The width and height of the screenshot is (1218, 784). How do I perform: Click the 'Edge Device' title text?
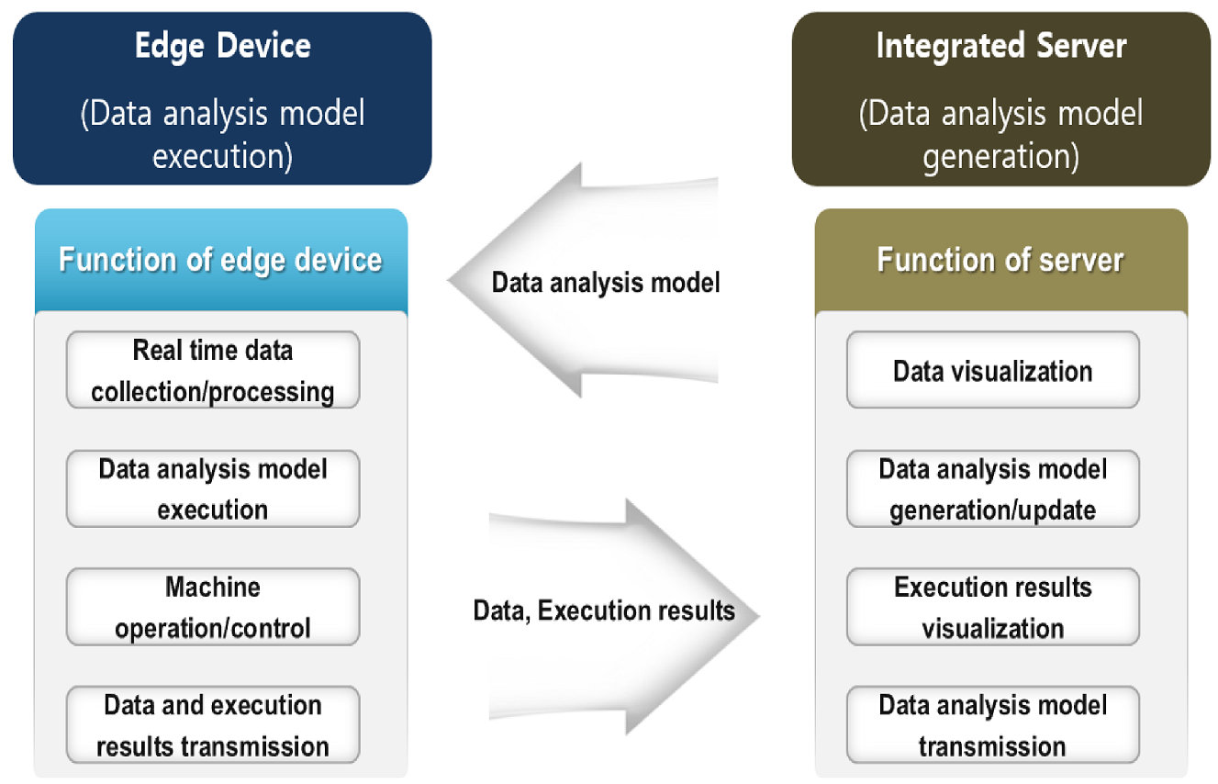[222, 46]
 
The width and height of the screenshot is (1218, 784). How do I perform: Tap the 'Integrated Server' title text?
[1000, 46]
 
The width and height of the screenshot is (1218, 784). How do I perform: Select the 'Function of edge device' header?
[220, 260]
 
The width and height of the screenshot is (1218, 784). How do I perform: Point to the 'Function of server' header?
[1000, 260]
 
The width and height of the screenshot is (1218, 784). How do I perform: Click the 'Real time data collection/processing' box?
[213, 371]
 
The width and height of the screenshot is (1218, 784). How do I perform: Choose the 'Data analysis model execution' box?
[213, 488]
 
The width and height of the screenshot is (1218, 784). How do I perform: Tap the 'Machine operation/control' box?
[213, 607]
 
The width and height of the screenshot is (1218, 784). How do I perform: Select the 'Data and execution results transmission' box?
[213, 724]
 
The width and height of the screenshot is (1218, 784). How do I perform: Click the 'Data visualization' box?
[992, 371]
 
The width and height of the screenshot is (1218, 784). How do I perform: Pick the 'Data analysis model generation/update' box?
[992, 488]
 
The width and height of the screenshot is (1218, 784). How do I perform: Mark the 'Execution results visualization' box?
[992, 607]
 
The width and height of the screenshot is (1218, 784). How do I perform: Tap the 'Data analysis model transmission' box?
[992, 724]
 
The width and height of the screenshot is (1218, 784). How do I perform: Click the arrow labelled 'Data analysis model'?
[587, 281]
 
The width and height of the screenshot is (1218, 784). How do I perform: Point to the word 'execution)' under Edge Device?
[222, 156]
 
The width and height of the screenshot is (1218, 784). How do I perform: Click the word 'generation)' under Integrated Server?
[1000, 156]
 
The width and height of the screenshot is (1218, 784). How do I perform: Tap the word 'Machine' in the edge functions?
[213, 588]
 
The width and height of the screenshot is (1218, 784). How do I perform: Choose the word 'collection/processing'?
[213, 392]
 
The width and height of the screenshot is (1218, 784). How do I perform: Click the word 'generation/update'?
[992, 510]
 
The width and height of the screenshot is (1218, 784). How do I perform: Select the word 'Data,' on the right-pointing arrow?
[501, 610]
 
